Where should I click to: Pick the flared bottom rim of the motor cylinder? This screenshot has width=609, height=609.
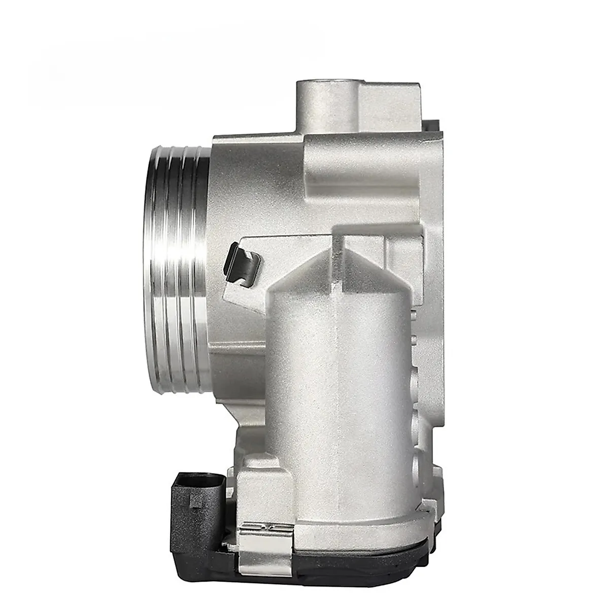click(355, 538)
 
